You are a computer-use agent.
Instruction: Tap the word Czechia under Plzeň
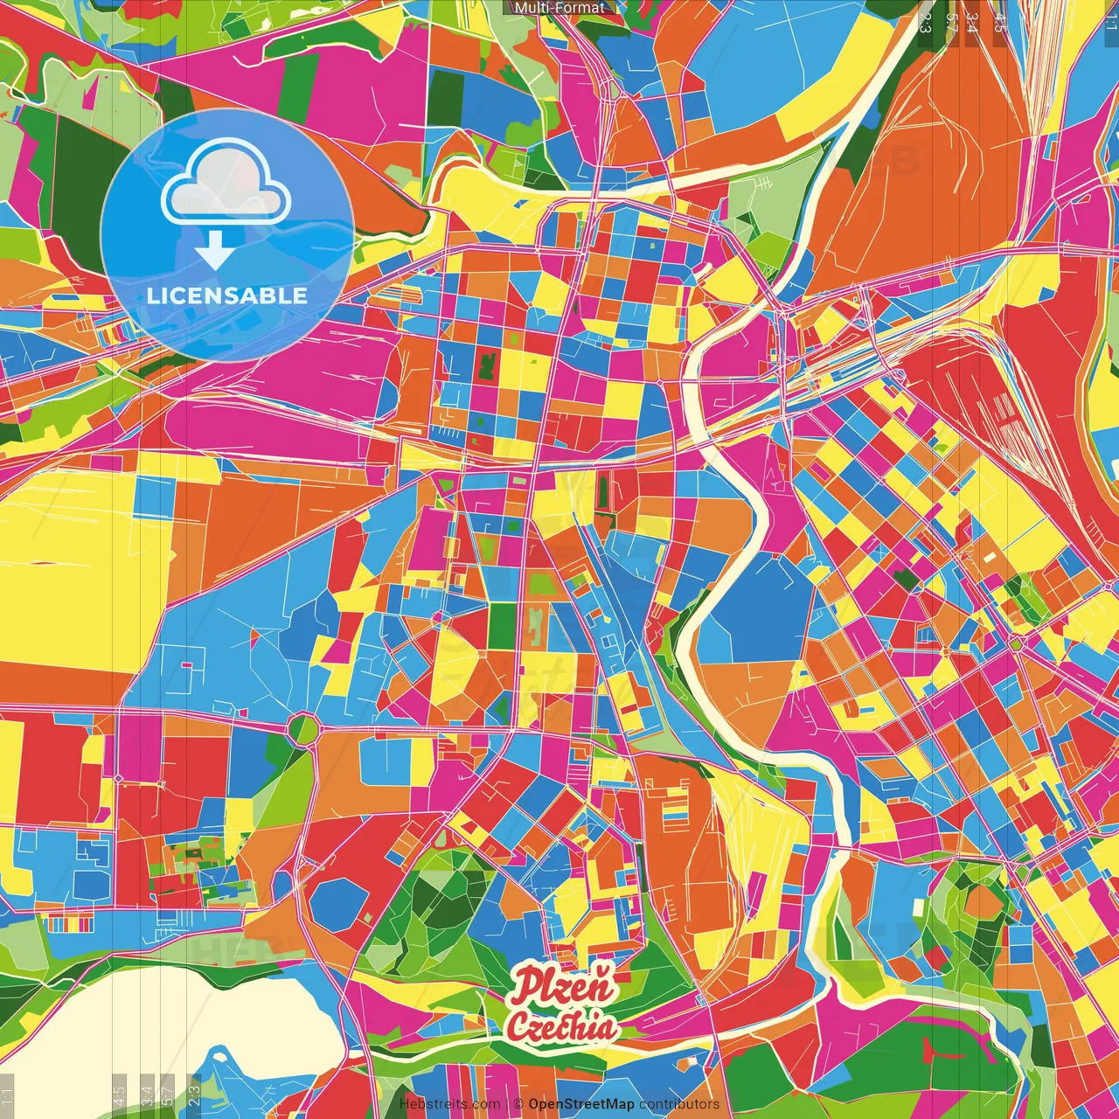[x=561, y=1027]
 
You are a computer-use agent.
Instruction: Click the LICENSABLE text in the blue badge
[x=227, y=295]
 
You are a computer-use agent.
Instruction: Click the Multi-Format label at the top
[x=559, y=8]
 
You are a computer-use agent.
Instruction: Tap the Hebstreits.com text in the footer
[x=449, y=1104]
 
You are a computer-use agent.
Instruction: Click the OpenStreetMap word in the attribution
[x=580, y=1104]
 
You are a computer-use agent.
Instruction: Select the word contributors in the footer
[x=679, y=1104]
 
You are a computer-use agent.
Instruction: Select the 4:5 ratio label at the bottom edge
[x=119, y=1095]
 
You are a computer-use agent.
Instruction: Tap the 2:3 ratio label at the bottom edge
[x=194, y=1095]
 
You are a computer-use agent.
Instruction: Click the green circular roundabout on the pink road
[x=303, y=727]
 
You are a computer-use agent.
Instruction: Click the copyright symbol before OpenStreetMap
[x=518, y=1104]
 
